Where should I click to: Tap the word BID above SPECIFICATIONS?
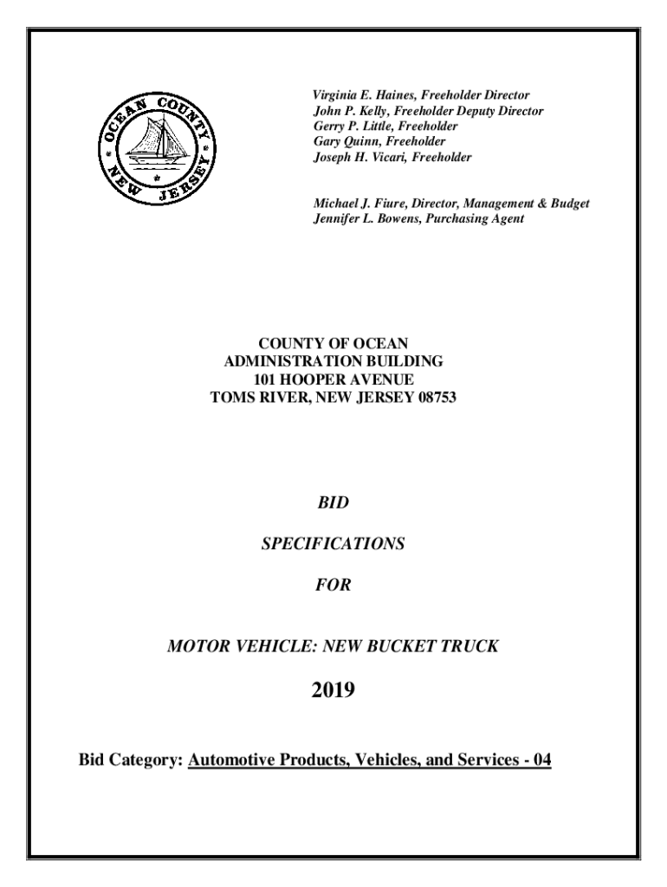(x=333, y=502)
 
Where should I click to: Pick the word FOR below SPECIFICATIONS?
(x=333, y=586)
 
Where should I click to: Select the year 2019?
(x=333, y=690)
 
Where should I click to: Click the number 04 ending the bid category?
(x=542, y=761)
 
